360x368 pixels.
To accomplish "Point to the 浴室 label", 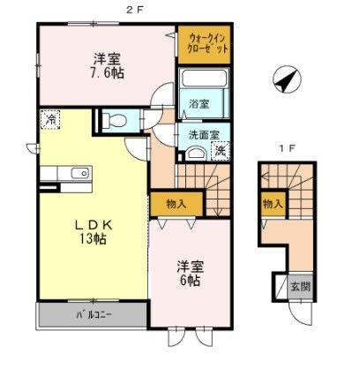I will [x=199, y=103].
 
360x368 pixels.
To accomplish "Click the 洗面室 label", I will [x=198, y=136].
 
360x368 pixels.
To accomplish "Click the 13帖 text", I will [x=93, y=240].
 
